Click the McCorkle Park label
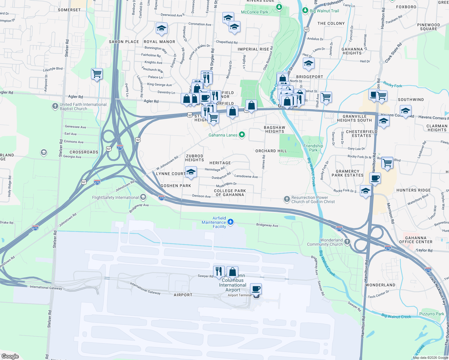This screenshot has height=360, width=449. click(x=255, y=12)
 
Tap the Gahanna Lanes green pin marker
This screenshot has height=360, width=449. click(x=242, y=135)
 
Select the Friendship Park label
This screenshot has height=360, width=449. click(x=313, y=148)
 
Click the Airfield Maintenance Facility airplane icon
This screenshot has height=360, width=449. click(x=231, y=222)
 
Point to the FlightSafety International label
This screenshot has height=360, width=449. click(x=115, y=197)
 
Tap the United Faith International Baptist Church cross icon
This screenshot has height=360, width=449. click(x=55, y=106)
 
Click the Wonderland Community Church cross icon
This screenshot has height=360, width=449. click(x=347, y=242)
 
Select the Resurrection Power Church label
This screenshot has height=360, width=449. click(x=313, y=199)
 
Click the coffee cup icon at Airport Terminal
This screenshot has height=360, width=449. click(x=256, y=289)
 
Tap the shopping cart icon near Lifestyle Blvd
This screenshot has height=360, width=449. click(x=97, y=73)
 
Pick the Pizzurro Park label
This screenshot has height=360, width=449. click(x=432, y=314)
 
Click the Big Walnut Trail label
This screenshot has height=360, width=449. click(x=324, y=11)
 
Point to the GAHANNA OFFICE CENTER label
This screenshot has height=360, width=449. click(x=416, y=240)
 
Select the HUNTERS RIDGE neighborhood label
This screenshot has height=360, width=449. click(x=413, y=190)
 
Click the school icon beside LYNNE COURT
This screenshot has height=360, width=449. click(x=191, y=172)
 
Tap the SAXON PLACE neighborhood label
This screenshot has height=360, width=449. click(x=124, y=42)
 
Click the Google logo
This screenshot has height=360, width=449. click(x=10, y=356)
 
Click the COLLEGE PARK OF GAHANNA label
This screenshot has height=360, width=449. click(x=230, y=193)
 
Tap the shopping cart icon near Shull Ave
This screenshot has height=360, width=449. click(x=326, y=97)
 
